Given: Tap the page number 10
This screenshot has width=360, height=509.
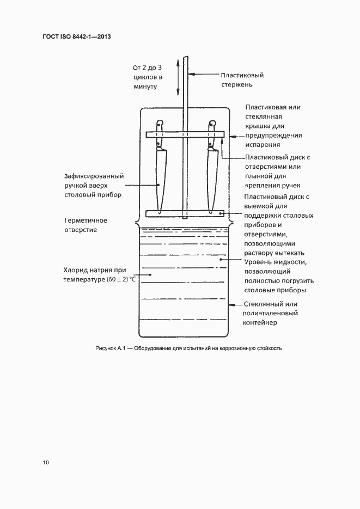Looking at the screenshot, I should (x=46, y=463).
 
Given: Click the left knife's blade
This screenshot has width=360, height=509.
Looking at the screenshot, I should (x=160, y=180).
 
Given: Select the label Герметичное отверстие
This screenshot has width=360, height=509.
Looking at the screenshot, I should (x=86, y=225).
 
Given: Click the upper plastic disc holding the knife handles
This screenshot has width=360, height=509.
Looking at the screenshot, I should (x=185, y=134).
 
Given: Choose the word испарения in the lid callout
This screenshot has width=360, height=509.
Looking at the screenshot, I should (x=263, y=145).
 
